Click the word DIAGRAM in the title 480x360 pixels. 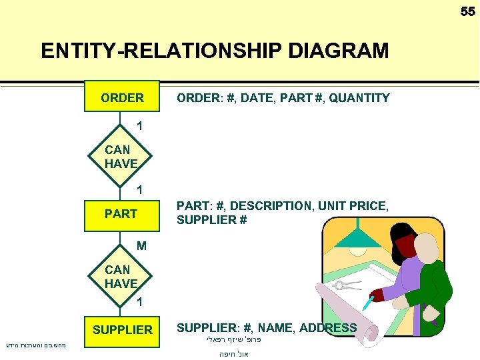click(x=338, y=51)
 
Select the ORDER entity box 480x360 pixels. click(x=122, y=98)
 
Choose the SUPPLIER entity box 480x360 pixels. click(x=122, y=330)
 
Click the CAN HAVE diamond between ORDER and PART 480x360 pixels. click(x=121, y=157)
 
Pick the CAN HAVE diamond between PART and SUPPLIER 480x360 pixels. click(x=121, y=276)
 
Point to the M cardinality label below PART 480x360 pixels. click(x=141, y=246)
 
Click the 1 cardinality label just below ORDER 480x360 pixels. click(x=139, y=125)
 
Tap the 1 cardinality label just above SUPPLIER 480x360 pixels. click(x=139, y=303)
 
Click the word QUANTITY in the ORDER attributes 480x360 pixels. click(x=359, y=98)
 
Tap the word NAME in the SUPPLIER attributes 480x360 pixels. click(x=275, y=327)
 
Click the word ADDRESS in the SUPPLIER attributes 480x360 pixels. click(x=328, y=327)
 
